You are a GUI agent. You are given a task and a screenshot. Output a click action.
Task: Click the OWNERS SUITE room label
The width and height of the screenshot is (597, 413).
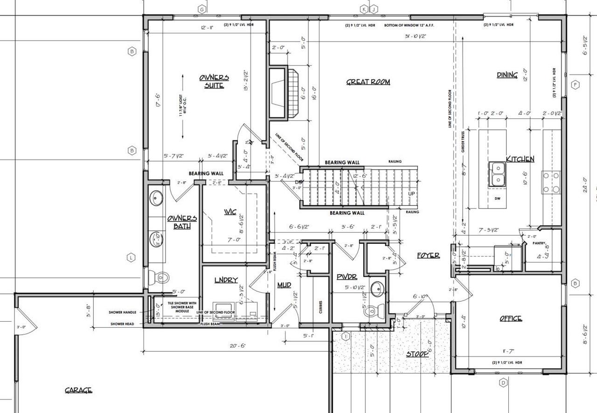214,81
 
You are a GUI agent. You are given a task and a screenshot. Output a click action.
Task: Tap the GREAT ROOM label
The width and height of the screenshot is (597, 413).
368,82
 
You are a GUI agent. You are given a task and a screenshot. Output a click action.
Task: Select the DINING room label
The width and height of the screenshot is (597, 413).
507,75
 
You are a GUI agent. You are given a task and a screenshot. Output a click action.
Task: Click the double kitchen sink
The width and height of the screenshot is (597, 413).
497,174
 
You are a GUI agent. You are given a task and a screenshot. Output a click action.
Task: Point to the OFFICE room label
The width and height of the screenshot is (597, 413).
510,318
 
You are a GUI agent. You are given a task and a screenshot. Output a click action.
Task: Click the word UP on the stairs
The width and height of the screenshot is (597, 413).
411,193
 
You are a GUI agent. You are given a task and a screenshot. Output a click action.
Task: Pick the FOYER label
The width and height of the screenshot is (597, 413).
428,255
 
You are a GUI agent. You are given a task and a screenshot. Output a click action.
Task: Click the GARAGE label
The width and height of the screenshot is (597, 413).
78,390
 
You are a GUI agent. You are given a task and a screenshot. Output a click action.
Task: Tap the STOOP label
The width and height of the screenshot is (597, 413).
417,354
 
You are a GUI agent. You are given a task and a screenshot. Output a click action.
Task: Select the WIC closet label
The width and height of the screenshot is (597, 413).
229,212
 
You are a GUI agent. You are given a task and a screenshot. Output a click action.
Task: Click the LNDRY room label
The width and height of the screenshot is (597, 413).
226,280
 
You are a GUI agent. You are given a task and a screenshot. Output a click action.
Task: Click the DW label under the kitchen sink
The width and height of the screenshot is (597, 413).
497,198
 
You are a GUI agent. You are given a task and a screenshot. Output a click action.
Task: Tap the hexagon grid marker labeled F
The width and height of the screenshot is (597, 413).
576,84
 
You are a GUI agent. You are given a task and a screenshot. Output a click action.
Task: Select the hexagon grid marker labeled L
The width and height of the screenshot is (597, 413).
132,257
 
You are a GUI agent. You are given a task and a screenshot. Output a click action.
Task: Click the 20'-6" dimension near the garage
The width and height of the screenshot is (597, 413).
237,345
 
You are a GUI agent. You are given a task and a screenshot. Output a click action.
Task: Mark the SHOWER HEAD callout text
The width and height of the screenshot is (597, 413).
123,324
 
